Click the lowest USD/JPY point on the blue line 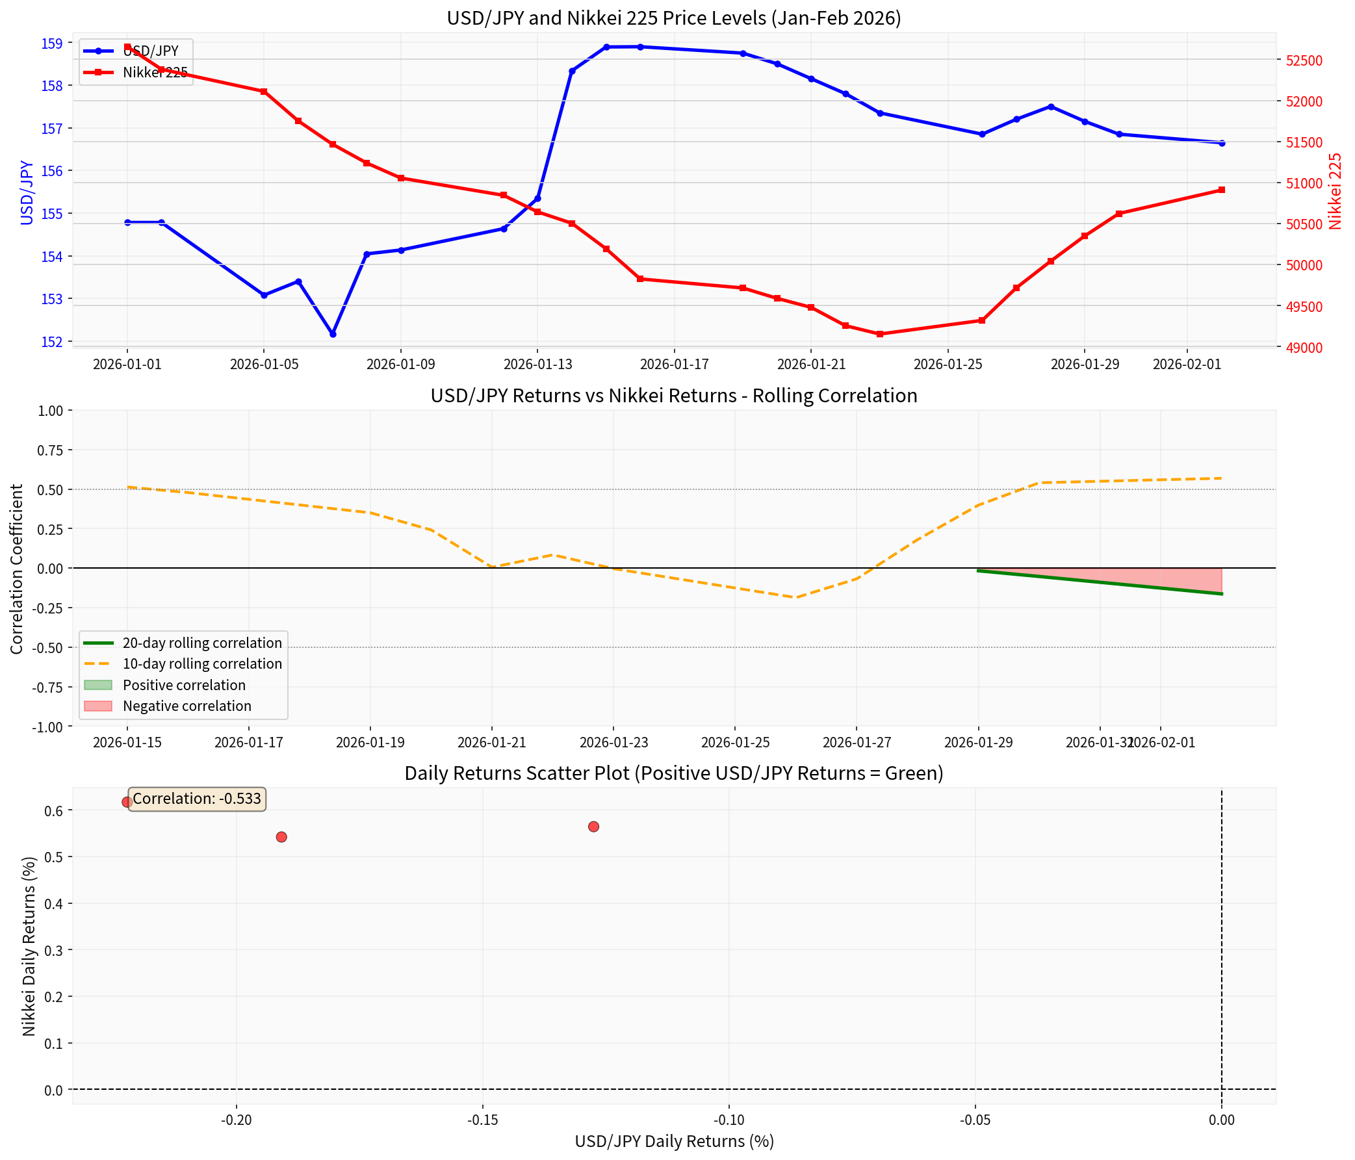333,334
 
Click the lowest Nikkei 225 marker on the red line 879,334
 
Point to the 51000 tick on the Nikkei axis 1304,184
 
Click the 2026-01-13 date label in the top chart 537,364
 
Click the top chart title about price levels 673,18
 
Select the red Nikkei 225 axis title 1336,191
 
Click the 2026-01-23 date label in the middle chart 613,743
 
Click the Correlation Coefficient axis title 17,568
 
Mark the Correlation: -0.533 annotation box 197,799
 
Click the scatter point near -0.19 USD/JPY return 281,837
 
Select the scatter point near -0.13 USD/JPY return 593,827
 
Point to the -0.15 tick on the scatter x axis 483,1120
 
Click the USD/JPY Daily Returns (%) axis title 673,1141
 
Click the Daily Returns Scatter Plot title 673,773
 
